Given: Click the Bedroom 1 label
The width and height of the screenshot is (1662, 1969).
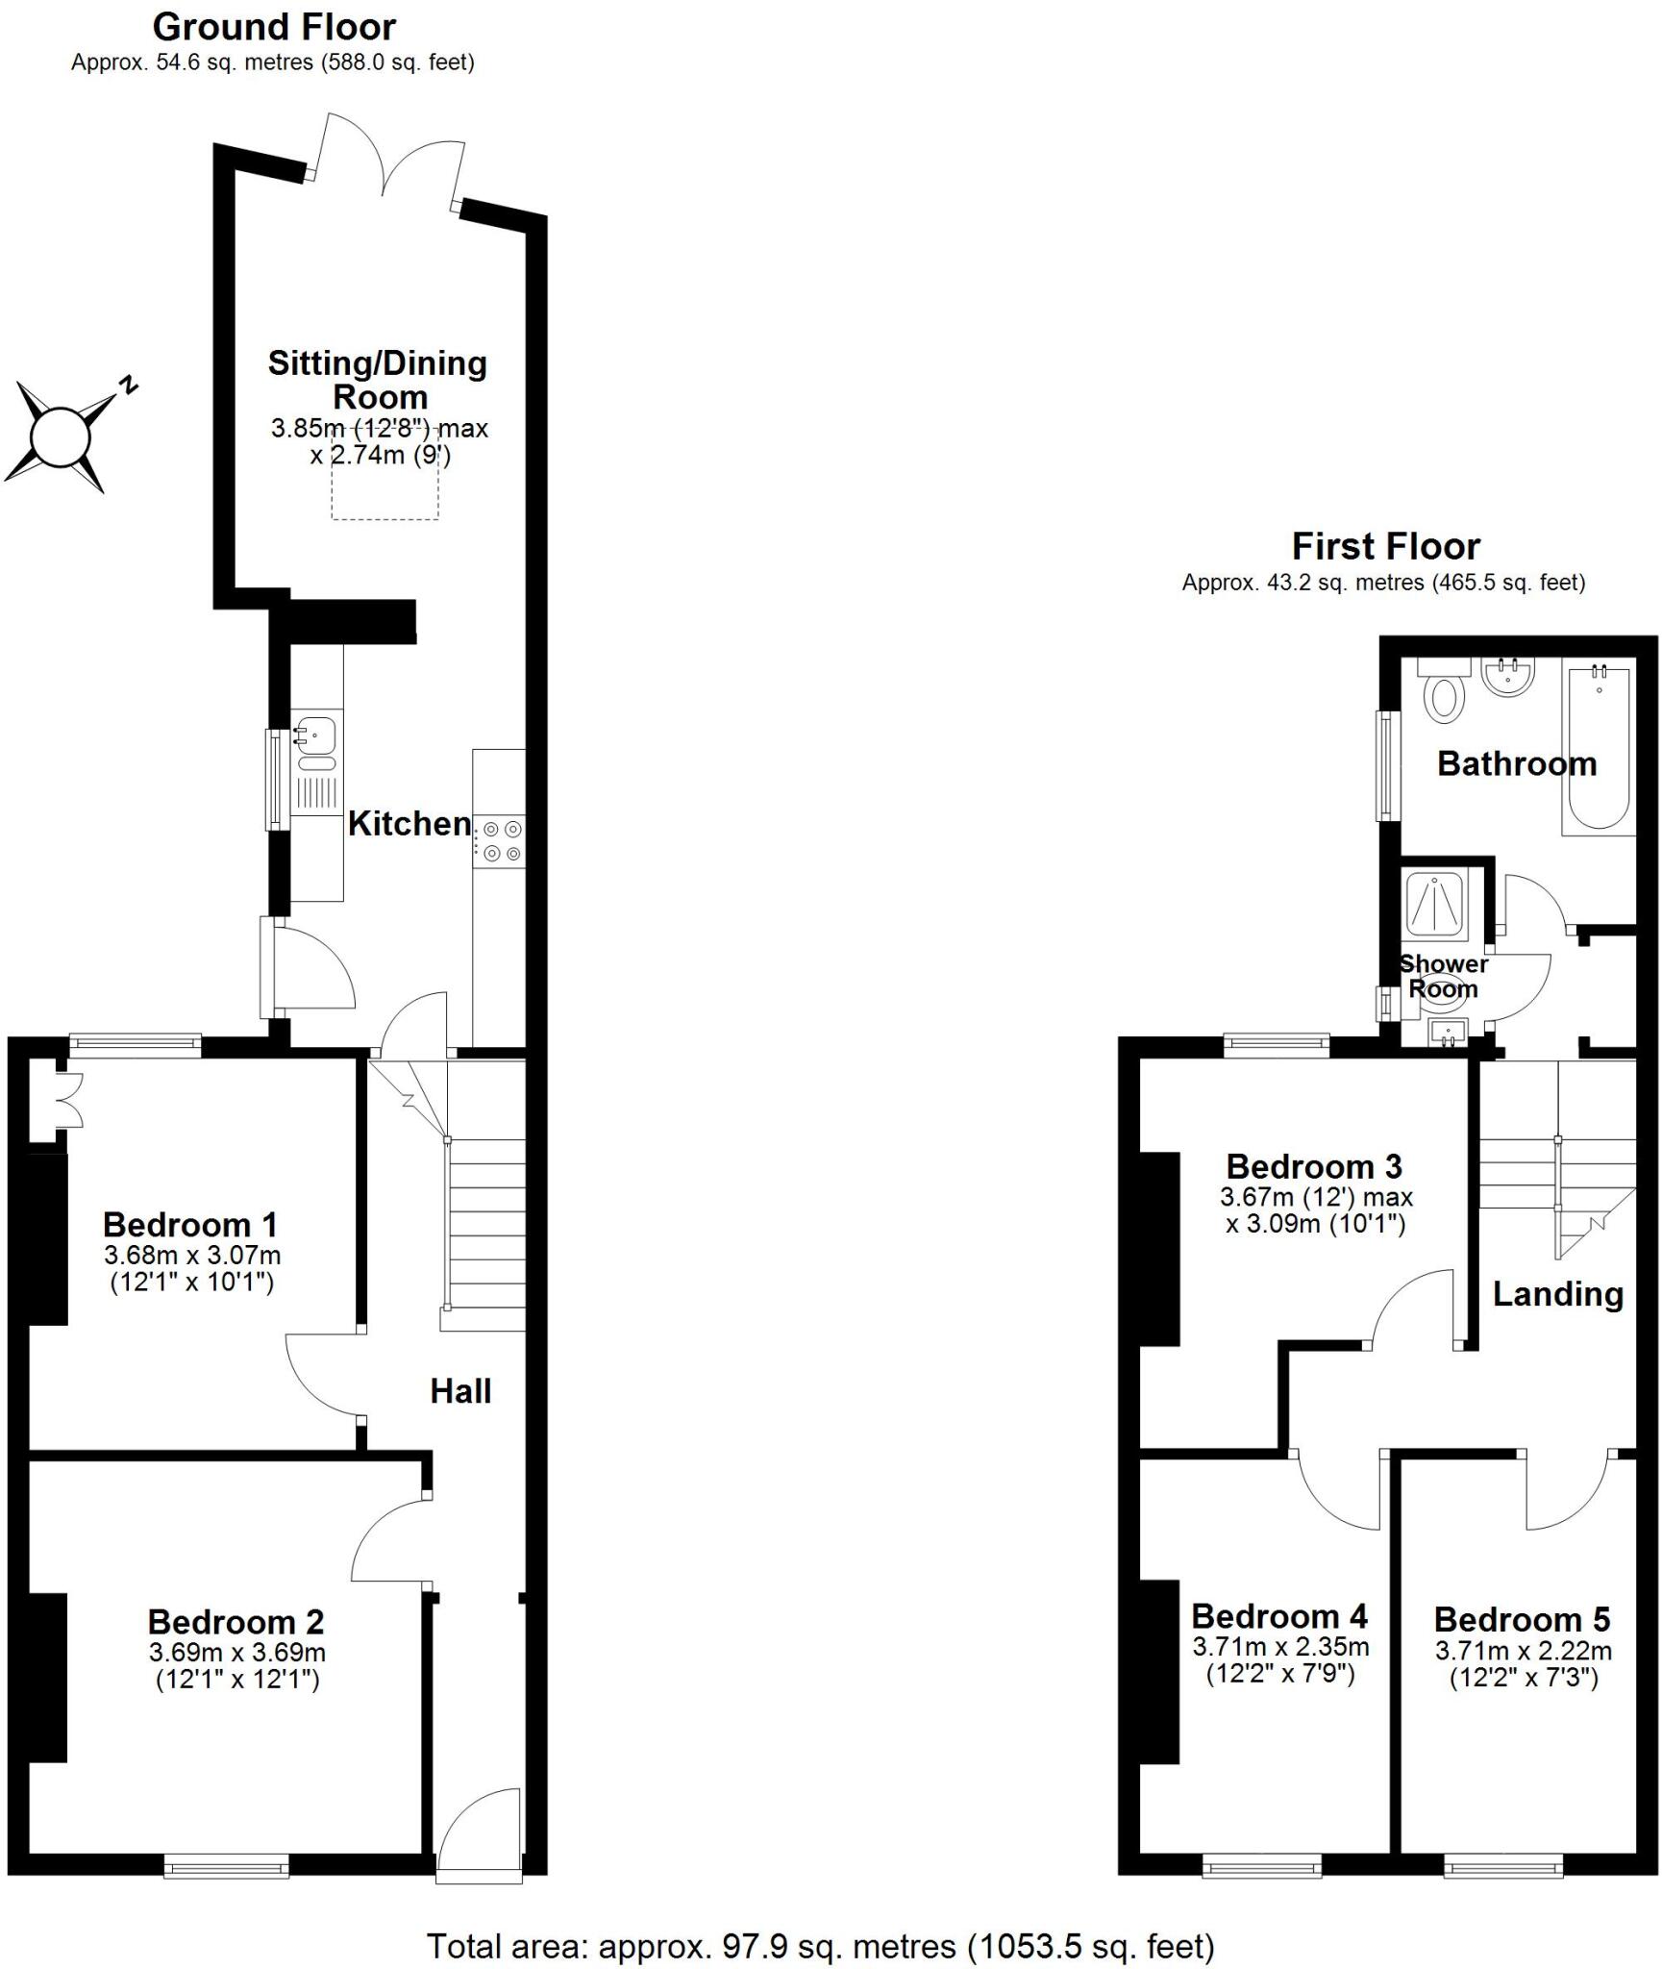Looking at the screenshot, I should click(190, 1225).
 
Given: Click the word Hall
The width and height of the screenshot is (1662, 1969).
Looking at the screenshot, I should click(460, 1391).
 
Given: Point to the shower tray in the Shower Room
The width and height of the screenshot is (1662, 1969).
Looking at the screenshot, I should click(1435, 904).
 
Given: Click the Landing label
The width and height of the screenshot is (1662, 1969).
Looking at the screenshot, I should click(1557, 1294).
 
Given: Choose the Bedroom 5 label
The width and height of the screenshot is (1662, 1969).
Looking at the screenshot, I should click(1522, 1619).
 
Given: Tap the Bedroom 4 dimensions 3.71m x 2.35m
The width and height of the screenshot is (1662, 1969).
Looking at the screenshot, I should click(1280, 1647).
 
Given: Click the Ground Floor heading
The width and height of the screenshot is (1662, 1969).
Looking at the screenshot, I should click(274, 27).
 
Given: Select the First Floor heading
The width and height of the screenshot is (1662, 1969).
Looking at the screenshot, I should click(1385, 547).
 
